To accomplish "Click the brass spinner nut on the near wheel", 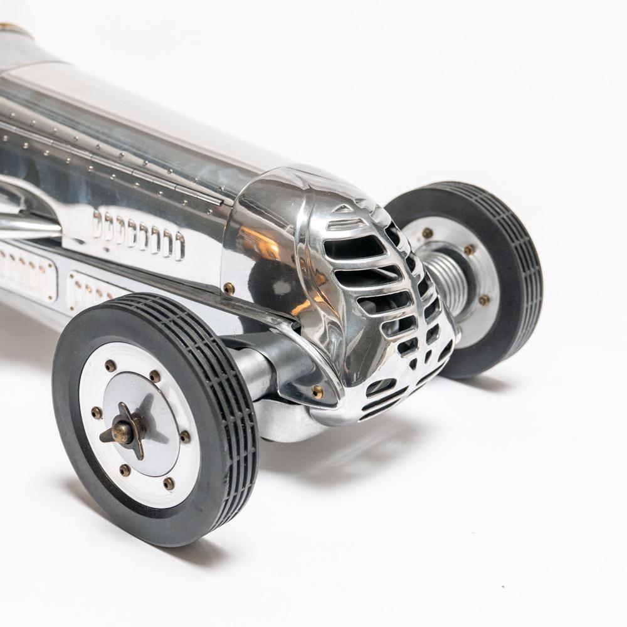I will pos(123,432).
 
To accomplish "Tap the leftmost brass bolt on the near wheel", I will pos(97,412).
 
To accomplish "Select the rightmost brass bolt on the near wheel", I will pos(185,437).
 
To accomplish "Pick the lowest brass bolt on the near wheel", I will pos(168,483).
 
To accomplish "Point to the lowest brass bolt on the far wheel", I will pos(483,300).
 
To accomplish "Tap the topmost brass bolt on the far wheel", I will pos(427,233).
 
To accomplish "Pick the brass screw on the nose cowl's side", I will pos(229,288).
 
